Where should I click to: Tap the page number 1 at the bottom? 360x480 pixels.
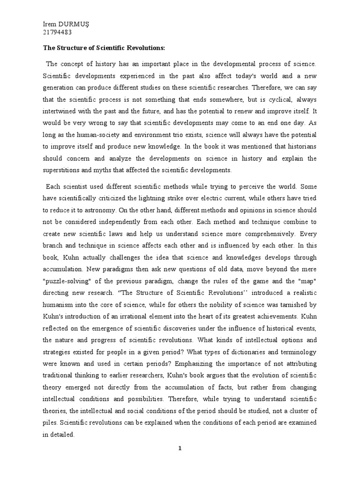(x=180, y=449)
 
